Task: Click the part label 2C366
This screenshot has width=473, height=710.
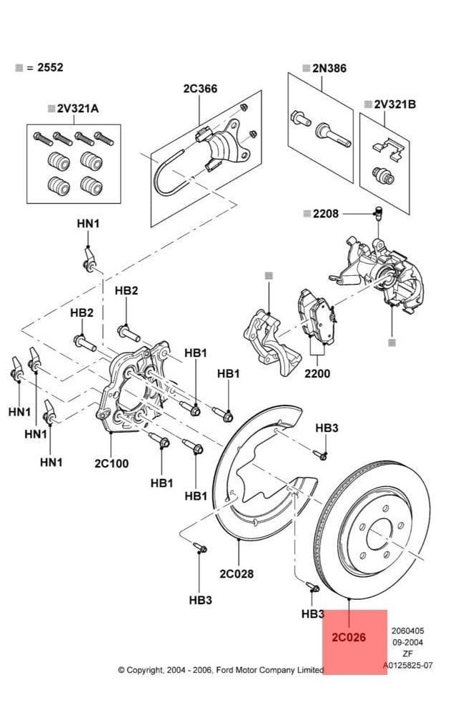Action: point(200,88)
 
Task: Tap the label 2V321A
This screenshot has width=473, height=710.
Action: point(77,109)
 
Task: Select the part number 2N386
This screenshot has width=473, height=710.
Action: point(329,69)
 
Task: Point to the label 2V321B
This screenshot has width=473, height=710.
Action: point(394,104)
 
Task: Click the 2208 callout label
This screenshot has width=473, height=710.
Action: point(325,213)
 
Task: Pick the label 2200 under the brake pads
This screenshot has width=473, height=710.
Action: point(317,373)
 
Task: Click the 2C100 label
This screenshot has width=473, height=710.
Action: point(111,463)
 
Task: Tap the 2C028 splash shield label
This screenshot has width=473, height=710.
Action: point(236,573)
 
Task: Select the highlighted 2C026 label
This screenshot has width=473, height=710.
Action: point(349,637)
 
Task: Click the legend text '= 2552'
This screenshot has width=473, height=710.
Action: point(45,67)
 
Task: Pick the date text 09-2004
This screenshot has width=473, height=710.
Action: point(407,642)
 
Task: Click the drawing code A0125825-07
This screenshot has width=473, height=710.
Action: point(407,665)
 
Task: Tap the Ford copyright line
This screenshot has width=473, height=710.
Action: point(221,670)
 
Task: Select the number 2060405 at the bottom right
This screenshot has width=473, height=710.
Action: point(407,631)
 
